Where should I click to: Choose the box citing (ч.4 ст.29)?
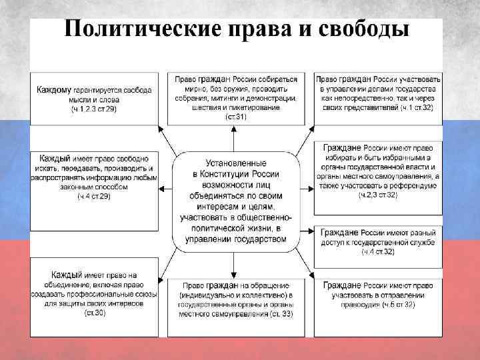click(94, 177)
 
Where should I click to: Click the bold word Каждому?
click(59, 89)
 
